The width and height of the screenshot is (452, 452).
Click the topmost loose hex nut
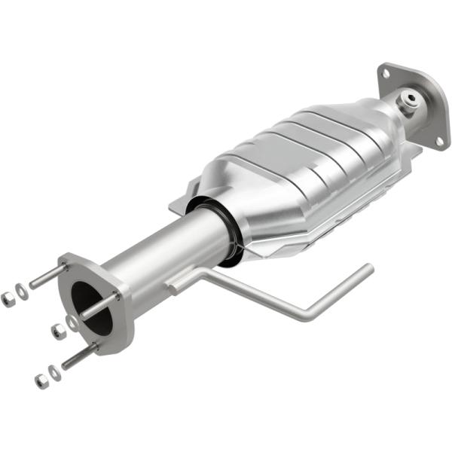coord(8,299)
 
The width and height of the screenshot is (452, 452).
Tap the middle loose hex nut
coord(57,330)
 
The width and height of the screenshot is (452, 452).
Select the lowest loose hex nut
coord(40,380)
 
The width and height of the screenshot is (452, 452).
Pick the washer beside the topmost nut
coord(23,292)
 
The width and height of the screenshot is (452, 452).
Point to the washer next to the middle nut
coord(71,322)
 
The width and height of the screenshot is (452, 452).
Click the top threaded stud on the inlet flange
coord(47,276)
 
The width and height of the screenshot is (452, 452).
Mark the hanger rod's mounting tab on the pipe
coord(178,285)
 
